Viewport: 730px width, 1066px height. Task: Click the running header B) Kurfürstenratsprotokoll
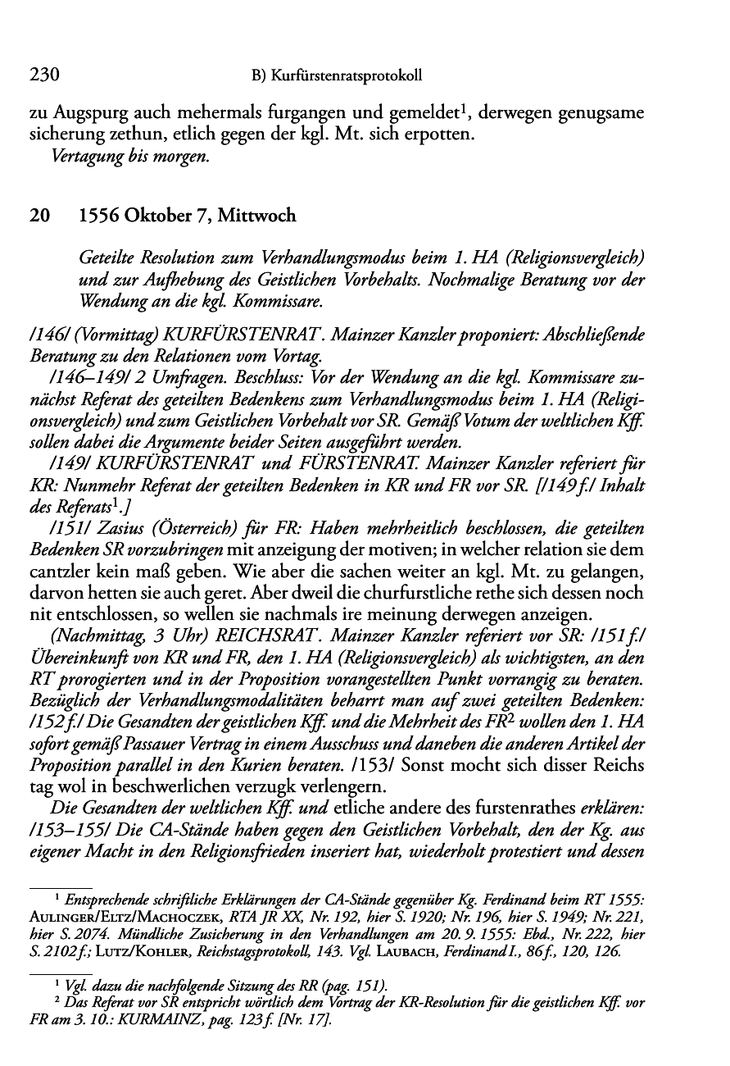tap(336, 76)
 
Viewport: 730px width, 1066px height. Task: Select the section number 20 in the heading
tap(39, 216)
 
